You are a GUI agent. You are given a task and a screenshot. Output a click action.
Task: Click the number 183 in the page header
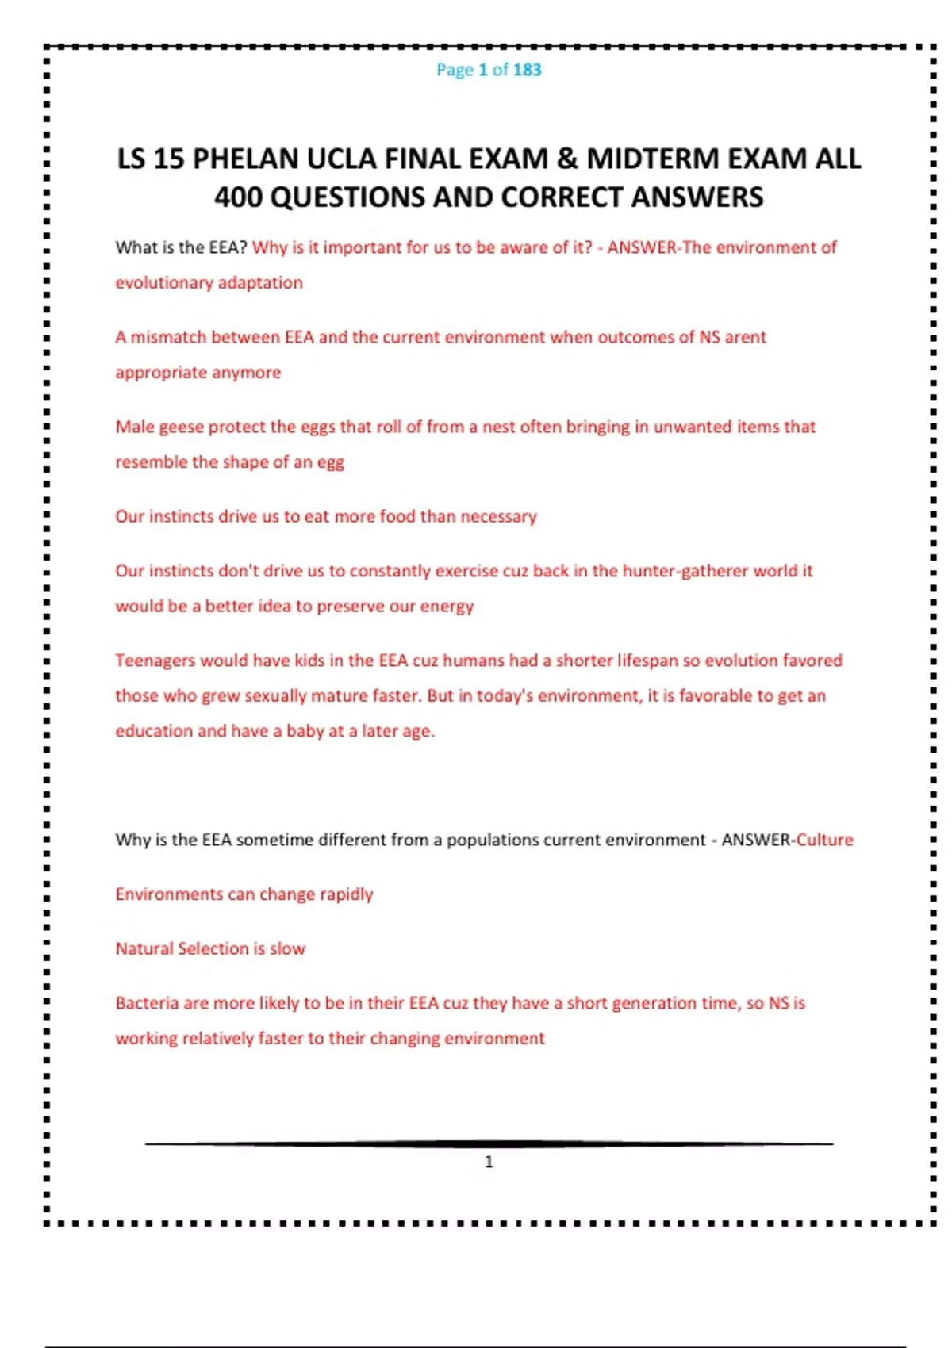pyautogui.click(x=527, y=70)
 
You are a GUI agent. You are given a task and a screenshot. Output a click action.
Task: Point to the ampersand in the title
pyautogui.click(x=567, y=159)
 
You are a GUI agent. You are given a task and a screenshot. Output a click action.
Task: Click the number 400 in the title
pyautogui.click(x=239, y=197)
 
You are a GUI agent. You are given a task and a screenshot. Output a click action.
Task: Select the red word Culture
pyautogui.click(x=824, y=840)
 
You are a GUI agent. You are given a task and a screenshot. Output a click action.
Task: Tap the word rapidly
pyautogui.click(x=346, y=894)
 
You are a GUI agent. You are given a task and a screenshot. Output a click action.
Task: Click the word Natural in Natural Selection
pyautogui.click(x=144, y=948)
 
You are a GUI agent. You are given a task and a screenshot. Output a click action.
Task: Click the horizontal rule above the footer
pyautogui.click(x=489, y=1144)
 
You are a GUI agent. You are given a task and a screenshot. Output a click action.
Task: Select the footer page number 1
pyautogui.click(x=489, y=1162)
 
